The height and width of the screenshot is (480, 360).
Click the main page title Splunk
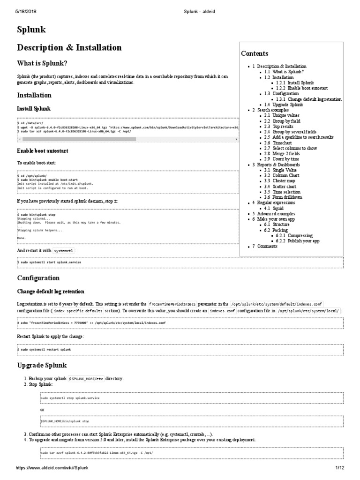(31, 30)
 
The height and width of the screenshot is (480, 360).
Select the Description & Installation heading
(69, 48)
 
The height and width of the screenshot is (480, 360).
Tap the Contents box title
(255, 53)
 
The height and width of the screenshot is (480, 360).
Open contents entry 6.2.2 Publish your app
(303, 240)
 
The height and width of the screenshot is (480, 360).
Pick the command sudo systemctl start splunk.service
(50, 262)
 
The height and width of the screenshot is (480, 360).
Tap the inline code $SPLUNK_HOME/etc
(86, 378)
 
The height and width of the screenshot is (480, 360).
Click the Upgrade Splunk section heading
(42, 365)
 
